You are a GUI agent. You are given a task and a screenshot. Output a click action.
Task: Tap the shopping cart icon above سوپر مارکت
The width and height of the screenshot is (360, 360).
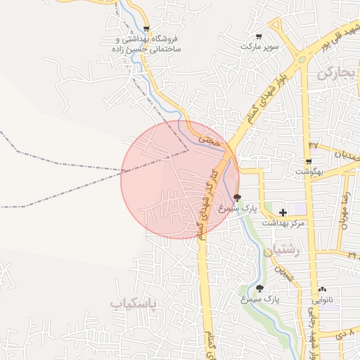259,36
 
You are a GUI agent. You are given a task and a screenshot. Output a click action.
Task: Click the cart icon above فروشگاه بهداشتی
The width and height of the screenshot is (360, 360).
146,28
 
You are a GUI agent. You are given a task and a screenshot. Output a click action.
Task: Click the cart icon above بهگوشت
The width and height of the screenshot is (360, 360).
308,162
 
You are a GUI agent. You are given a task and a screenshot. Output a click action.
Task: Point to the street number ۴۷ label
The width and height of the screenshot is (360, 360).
314,145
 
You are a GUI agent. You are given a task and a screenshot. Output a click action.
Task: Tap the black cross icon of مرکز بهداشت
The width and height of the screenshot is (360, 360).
283,212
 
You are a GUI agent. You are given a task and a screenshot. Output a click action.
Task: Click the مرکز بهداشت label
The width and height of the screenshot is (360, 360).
281,223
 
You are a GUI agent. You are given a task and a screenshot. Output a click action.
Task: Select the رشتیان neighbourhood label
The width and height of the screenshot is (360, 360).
283,250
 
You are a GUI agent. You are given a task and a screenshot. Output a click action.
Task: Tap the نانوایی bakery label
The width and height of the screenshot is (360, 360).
322,299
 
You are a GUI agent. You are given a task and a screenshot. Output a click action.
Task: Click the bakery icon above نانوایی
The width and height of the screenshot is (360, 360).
322,288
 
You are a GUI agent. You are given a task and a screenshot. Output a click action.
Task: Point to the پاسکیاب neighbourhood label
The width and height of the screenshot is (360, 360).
134,303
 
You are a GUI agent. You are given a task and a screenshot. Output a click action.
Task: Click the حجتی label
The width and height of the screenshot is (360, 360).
210,141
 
